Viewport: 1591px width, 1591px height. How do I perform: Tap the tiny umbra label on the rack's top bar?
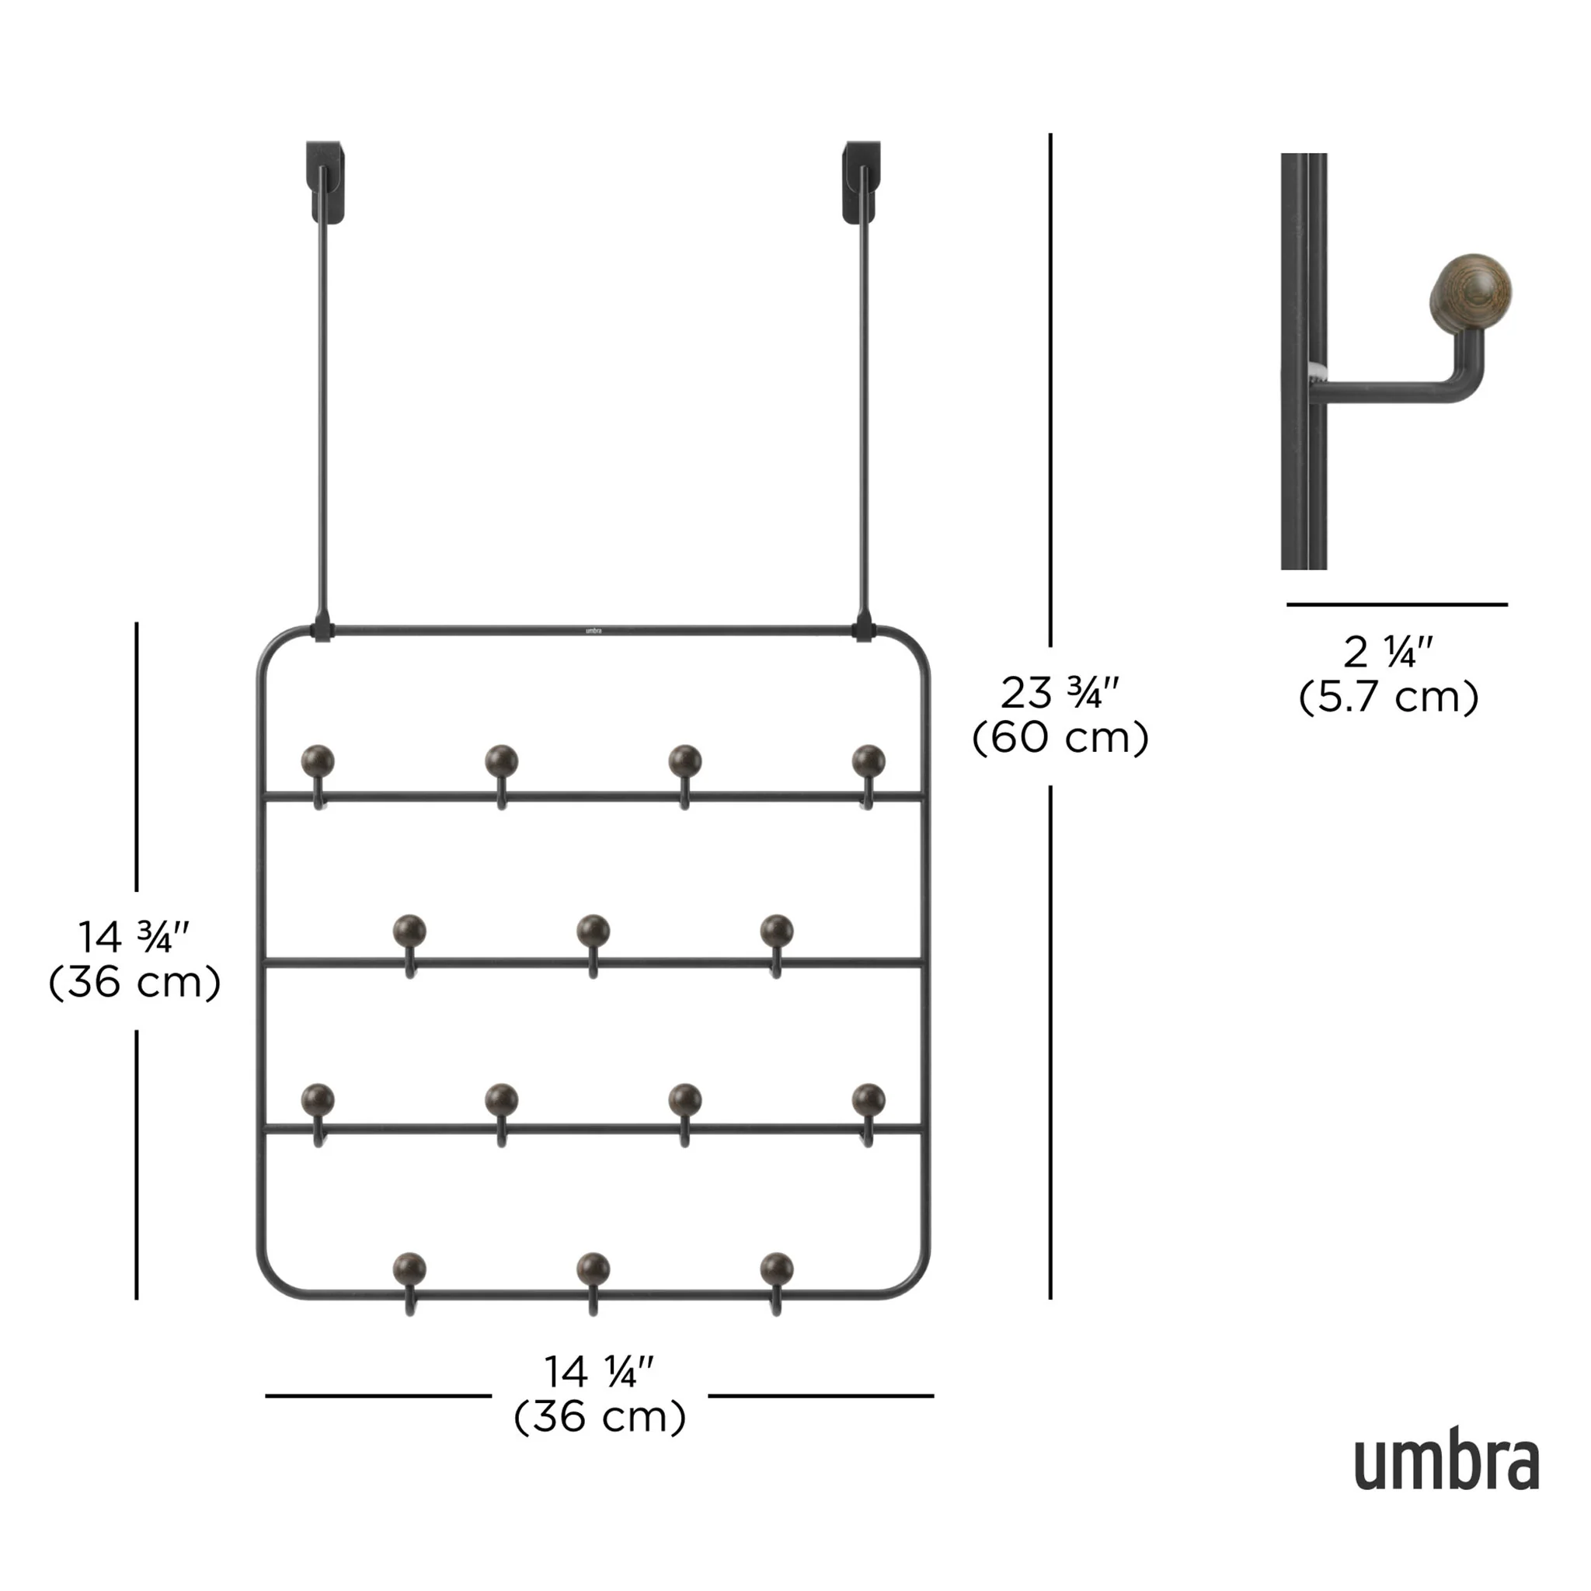(594, 631)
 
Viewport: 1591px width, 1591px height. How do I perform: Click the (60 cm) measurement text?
(1060, 737)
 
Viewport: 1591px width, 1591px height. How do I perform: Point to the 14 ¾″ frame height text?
(134, 937)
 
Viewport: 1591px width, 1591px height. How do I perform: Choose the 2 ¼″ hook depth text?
(1388, 653)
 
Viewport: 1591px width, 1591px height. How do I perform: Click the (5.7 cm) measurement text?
(1388, 698)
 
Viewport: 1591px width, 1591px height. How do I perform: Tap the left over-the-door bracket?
(326, 182)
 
